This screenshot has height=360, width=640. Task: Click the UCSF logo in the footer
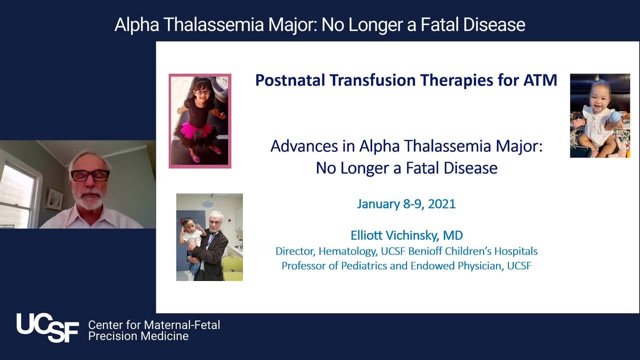click(47, 327)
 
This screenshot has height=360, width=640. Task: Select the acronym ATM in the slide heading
click(540, 80)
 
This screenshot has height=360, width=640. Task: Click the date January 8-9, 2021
click(406, 204)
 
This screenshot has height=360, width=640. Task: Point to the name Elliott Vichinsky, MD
click(406, 235)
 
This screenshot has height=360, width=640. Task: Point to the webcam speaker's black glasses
click(90, 175)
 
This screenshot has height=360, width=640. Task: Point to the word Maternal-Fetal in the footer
click(182, 325)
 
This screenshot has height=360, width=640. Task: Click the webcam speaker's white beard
click(89, 200)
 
